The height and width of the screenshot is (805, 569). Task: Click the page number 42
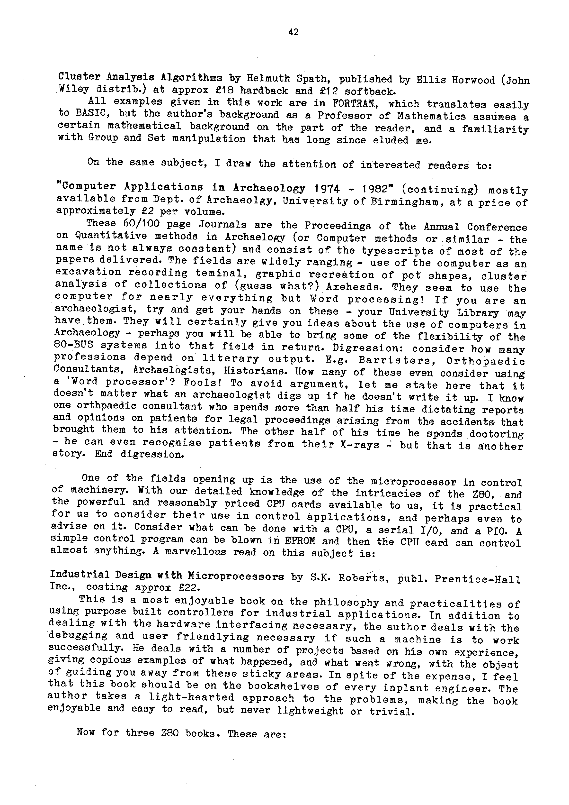[293, 32]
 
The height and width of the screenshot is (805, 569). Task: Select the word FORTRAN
[354, 103]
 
